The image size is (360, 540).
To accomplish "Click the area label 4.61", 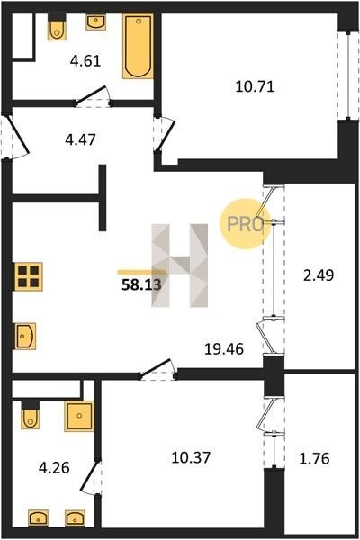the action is click(85, 61).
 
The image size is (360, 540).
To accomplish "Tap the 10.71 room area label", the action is click(255, 86).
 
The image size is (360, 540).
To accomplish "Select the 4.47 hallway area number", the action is click(81, 139).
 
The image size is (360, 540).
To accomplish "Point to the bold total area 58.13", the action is click(141, 284).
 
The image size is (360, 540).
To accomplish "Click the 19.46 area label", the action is click(224, 349).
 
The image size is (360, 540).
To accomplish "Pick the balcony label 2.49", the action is click(319, 275).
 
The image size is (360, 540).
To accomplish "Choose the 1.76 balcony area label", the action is click(314, 459).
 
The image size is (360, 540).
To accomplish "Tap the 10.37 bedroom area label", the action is click(191, 458).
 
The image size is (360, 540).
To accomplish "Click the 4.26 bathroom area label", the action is click(54, 468).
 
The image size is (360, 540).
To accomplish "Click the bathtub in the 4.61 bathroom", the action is click(138, 47).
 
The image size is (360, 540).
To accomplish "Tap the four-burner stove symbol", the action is click(28, 276).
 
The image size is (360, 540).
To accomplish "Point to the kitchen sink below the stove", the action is click(25, 336).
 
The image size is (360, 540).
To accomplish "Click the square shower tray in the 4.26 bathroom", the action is click(79, 416).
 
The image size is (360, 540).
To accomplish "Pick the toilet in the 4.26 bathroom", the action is click(31, 415).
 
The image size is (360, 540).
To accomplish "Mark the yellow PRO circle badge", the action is click(245, 224).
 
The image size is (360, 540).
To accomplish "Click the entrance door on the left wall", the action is click(17, 137).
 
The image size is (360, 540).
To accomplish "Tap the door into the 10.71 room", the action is click(166, 134).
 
